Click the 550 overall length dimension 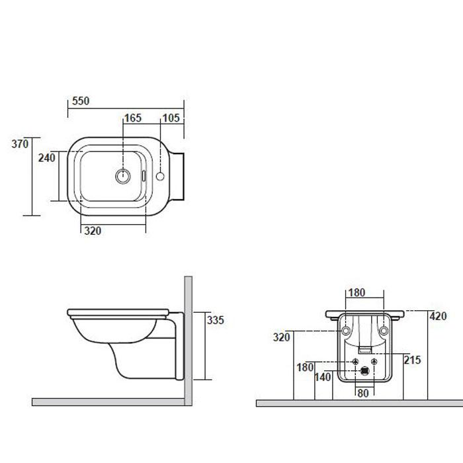tap(81, 101)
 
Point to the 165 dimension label tap(133, 118)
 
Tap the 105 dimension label tap(171, 118)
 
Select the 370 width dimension tap(20, 144)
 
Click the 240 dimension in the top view tap(47, 158)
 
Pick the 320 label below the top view tap(93, 231)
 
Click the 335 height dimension tap(216, 320)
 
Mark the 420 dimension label tap(438, 316)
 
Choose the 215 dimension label tap(412, 360)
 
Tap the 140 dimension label tap(323, 377)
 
